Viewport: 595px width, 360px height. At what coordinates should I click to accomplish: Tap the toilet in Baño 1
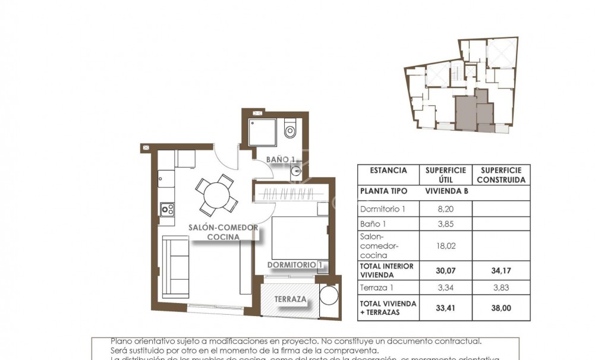click(290, 129)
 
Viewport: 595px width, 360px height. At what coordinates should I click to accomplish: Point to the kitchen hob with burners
click(167, 209)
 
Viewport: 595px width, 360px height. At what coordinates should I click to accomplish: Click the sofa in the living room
click(175, 266)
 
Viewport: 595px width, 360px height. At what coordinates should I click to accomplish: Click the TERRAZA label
click(291, 300)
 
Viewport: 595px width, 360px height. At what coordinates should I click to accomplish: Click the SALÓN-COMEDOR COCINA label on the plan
click(223, 232)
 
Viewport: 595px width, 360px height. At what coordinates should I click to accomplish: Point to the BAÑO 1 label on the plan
click(281, 159)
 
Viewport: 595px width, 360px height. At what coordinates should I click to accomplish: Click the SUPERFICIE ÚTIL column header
click(445, 175)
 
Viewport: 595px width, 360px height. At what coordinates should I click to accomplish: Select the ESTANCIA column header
click(388, 170)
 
